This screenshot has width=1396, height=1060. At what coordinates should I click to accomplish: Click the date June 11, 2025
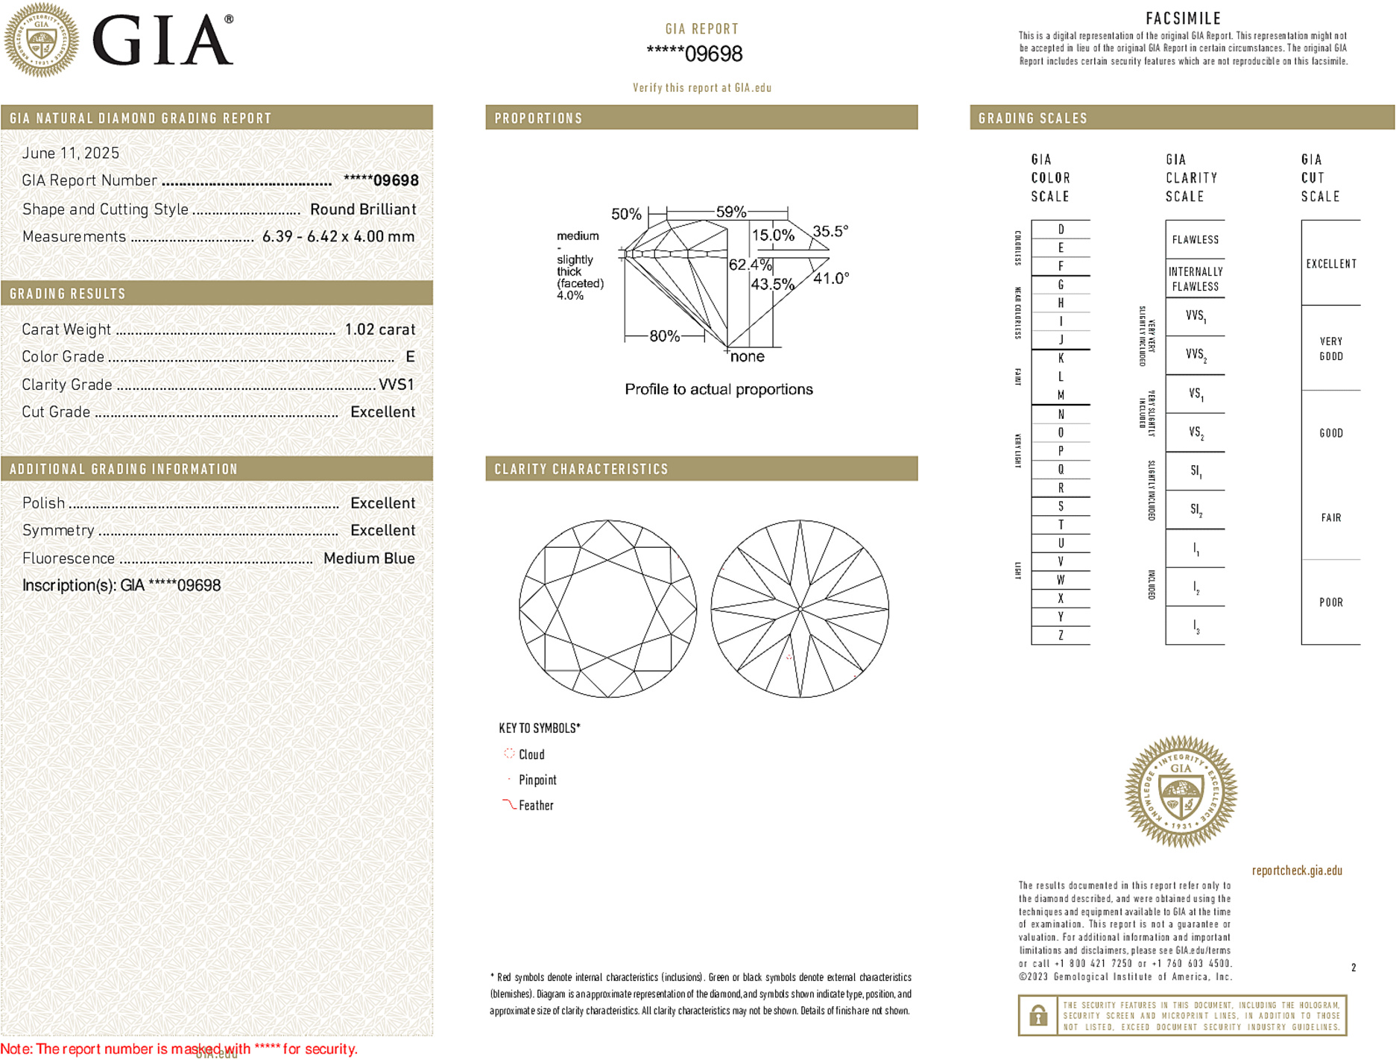click(71, 153)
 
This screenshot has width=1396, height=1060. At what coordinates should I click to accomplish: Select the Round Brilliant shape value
click(363, 209)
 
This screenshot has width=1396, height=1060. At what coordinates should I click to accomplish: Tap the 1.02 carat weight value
click(379, 329)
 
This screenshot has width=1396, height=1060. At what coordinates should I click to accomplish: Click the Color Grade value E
click(410, 357)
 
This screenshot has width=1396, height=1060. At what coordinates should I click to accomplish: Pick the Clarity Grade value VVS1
click(396, 385)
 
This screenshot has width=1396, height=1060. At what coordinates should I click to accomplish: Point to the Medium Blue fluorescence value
click(369, 558)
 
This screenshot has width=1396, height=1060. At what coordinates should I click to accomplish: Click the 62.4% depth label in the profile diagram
click(750, 265)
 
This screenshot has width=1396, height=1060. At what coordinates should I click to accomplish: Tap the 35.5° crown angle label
click(830, 232)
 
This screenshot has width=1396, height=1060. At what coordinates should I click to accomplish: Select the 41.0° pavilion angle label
click(831, 279)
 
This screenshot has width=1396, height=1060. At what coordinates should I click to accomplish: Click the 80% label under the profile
click(664, 336)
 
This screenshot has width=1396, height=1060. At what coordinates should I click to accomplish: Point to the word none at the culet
click(747, 357)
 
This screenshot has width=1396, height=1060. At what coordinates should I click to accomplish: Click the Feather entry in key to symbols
click(536, 806)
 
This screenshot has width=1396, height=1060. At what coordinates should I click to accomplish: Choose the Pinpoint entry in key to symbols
click(537, 780)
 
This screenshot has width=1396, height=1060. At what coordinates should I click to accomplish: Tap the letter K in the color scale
click(1061, 359)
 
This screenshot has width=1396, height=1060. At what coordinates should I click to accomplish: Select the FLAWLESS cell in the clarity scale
click(1195, 240)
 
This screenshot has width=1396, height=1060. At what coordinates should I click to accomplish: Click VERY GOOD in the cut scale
click(1330, 349)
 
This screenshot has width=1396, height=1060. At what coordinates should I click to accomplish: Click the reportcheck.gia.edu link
click(1297, 871)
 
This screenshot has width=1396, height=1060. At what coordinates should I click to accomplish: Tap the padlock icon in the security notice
click(1038, 1015)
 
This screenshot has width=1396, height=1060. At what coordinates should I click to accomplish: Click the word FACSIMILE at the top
click(1183, 19)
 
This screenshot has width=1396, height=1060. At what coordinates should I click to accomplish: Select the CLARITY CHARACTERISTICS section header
click(581, 470)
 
